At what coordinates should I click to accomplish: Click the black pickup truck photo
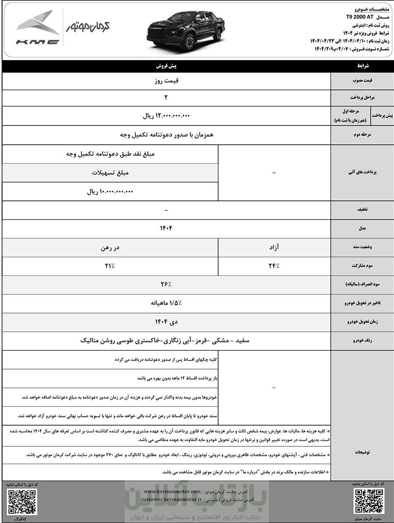(186, 28)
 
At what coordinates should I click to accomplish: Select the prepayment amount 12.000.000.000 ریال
(166, 116)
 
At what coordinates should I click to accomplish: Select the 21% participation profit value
(110, 266)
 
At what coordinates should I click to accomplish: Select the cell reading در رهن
(110, 248)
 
